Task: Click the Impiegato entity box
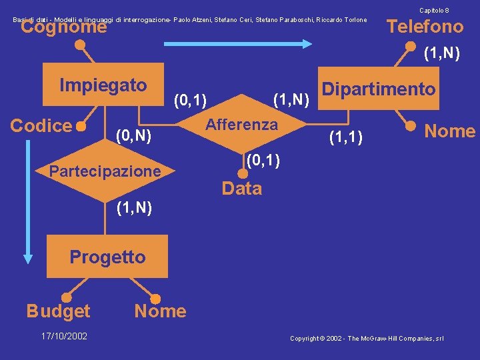(103, 85)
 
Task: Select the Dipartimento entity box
(379, 89)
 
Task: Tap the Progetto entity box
(107, 257)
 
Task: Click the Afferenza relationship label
(241, 125)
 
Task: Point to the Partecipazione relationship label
(105, 171)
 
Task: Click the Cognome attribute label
(63, 27)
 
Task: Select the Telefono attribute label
(425, 27)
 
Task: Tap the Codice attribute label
(41, 125)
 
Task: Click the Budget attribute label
(58, 311)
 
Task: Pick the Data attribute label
(241, 189)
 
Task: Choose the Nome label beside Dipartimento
(450, 131)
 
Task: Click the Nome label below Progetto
(160, 311)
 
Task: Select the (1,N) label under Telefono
(441, 53)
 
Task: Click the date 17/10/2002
(65, 336)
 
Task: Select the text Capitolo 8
(433, 10)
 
